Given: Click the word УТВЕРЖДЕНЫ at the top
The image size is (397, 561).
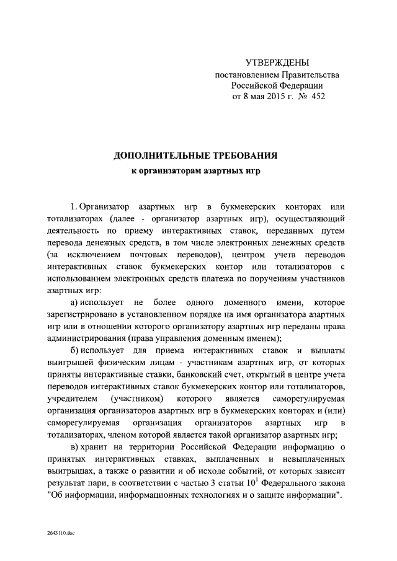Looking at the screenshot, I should pos(277,63).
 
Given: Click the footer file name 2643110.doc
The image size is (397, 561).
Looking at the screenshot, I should pos(60,533).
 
